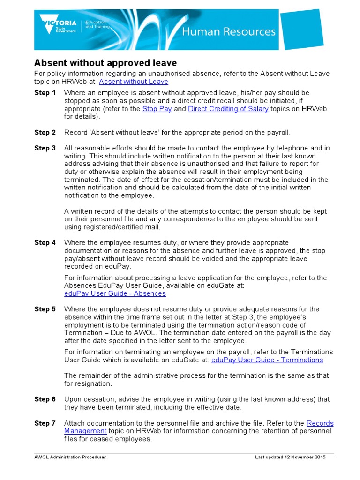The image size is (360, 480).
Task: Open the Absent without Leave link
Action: pos(134,82)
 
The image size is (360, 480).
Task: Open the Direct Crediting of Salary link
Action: pos(228,109)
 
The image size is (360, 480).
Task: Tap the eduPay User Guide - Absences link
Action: pos(115,293)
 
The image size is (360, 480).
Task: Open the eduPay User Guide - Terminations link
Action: pos(267,360)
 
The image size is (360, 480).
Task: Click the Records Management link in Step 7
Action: pos(320,423)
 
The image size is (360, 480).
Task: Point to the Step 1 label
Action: pos(45,93)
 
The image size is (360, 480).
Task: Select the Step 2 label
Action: pos(45,133)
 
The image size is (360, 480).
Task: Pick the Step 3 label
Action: pos(45,148)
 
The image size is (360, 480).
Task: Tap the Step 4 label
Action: pos(45,243)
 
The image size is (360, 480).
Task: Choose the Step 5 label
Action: pos(45,309)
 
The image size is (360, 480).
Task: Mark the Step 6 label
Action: pos(45,399)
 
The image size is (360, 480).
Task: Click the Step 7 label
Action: pos(45,423)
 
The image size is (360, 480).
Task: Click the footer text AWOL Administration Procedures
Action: pos(70,457)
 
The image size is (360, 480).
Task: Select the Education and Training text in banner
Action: pos(96,24)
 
